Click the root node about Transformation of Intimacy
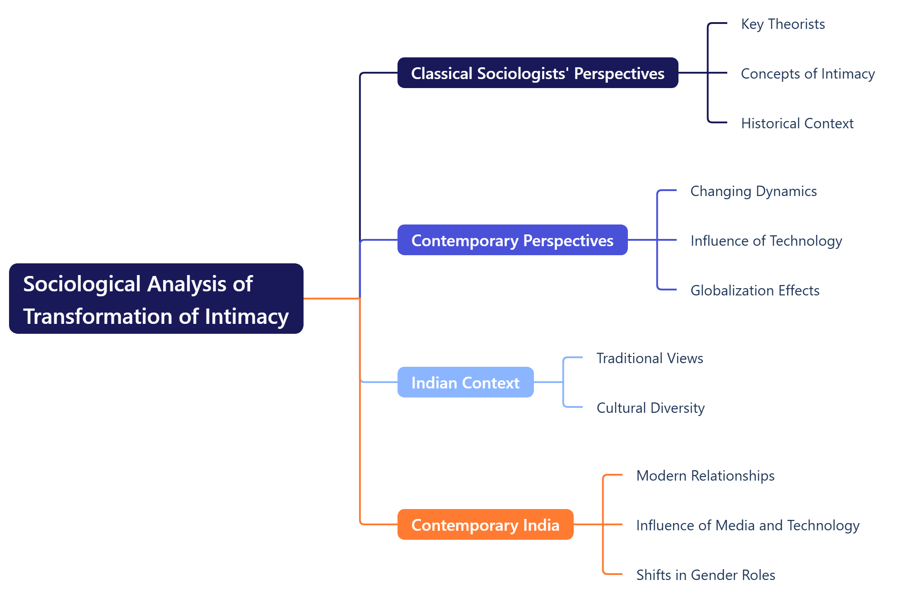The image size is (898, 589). click(x=156, y=299)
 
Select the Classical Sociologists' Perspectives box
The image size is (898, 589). click(x=538, y=73)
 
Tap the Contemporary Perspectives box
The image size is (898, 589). click(x=512, y=240)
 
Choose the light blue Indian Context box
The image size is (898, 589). click(x=465, y=382)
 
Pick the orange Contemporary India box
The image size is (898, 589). click(x=485, y=524)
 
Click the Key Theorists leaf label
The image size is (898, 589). click(x=783, y=24)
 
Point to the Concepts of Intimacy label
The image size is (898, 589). click(x=808, y=74)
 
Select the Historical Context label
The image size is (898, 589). click(x=797, y=123)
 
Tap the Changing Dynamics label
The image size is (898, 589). click(x=753, y=191)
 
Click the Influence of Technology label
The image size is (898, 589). click(x=766, y=241)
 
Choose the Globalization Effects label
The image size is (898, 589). click(x=755, y=290)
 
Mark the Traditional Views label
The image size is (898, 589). click(x=650, y=358)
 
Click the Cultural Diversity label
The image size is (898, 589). click(x=650, y=408)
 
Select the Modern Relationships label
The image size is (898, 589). click(x=705, y=476)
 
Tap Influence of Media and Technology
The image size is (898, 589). click(x=748, y=525)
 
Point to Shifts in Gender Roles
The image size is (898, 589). click(x=706, y=575)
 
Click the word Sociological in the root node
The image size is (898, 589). click(x=82, y=284)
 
